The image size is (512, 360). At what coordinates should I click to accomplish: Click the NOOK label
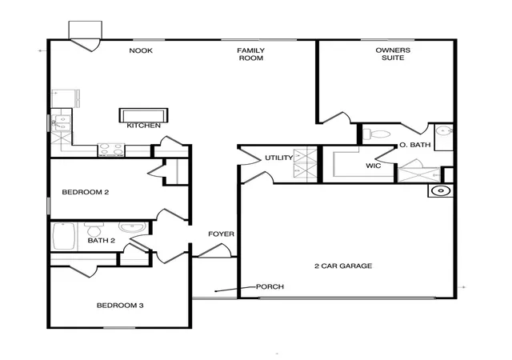141,50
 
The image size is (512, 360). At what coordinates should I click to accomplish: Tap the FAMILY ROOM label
250,54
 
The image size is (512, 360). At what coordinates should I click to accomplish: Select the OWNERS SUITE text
393,54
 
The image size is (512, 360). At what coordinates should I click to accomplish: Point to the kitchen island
144,116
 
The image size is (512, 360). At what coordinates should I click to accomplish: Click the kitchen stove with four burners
111,150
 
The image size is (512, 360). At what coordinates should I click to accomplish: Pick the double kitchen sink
62,123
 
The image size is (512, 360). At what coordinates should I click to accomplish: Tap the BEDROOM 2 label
86,192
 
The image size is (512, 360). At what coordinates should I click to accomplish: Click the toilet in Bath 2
94,230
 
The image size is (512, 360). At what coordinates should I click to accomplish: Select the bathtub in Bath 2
64,236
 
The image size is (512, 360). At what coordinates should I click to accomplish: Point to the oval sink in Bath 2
133,227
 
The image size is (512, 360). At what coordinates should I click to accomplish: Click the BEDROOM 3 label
120,306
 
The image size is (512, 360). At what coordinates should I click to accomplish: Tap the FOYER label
221,234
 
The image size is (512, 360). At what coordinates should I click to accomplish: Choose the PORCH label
270,286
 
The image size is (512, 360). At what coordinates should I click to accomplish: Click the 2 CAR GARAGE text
343,266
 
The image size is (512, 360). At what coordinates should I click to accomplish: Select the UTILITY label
279,158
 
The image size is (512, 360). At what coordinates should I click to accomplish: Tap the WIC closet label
374,166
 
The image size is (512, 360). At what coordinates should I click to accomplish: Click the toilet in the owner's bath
377,134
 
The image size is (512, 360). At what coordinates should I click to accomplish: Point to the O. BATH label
415,145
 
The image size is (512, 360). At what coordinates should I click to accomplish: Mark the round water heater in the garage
441,190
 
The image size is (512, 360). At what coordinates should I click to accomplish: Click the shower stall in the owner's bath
419,174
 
